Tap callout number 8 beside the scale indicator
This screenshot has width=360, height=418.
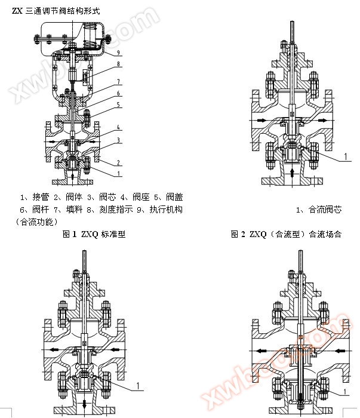pos(118,64)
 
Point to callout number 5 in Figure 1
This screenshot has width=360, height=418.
pos(118,105)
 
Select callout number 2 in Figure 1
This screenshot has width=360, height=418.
pos(118,162)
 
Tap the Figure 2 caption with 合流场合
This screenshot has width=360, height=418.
pos(286,234)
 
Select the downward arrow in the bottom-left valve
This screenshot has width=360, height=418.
pos(84,405)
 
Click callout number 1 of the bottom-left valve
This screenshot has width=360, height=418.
pos(139,384)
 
